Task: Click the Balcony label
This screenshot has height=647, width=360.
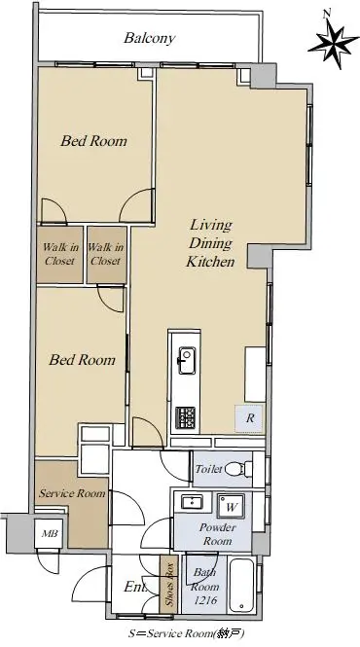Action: (150, 38)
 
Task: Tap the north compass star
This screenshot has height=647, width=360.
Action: (333, 43)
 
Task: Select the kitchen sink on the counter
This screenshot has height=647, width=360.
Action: (187, 360)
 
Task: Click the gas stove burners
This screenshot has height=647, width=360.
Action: (186, 417)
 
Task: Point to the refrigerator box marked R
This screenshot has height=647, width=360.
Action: (249, 418)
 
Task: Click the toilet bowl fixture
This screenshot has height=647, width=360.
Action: (239, 469)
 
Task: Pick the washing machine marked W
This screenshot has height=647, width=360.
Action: (231, 506)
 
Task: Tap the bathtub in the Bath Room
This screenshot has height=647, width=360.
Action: (242, 585)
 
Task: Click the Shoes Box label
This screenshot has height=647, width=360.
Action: (169, 586)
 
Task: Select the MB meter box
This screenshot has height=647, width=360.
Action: (49, 533)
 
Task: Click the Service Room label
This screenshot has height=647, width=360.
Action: (72, 493)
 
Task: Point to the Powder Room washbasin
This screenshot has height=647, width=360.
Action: (192, 502)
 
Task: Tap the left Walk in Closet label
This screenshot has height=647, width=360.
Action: (60, 254)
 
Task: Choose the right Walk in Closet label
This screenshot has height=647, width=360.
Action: (106, 254)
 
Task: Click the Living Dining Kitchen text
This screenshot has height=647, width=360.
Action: (210, 243)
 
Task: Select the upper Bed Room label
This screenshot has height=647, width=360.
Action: (94, 141)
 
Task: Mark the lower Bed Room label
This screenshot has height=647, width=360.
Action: (82, 360)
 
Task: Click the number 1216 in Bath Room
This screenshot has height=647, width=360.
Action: (204, 601)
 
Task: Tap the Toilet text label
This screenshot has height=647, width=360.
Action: (208, 469)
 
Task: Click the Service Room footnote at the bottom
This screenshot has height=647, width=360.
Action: (188, 633)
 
